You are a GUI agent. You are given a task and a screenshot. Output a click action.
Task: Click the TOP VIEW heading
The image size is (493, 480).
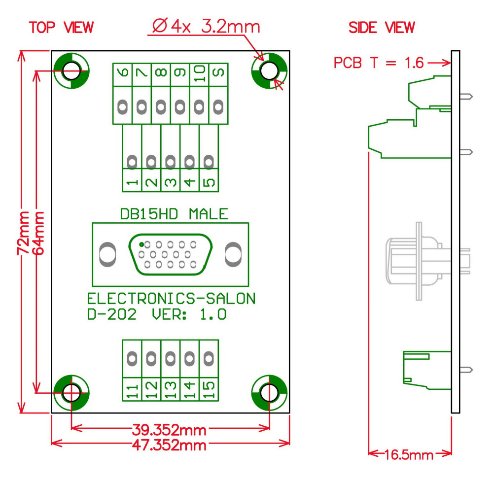(x=61, y=28)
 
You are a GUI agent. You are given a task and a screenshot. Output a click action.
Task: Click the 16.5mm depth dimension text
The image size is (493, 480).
(x=409, y=454)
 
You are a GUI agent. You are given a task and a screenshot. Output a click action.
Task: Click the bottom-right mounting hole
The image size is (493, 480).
(x=269, y=393)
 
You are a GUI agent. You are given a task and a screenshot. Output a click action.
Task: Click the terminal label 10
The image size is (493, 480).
(x=200, y=74)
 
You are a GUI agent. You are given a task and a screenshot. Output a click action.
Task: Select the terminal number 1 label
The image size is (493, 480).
(x=132, y=182)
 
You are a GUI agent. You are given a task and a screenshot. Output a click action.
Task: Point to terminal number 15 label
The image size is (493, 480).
(x=209, y=390)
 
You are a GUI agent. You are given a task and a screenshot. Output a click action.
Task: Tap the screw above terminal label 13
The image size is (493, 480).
(x=171, y=357)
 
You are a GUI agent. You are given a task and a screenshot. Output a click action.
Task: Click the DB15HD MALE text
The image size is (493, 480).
(x=174, y=214)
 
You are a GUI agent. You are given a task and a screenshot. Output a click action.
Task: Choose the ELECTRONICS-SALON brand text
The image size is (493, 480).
(x=171, y=299)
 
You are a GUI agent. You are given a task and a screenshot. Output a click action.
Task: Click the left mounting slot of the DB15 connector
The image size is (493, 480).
(x=106, y=253)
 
